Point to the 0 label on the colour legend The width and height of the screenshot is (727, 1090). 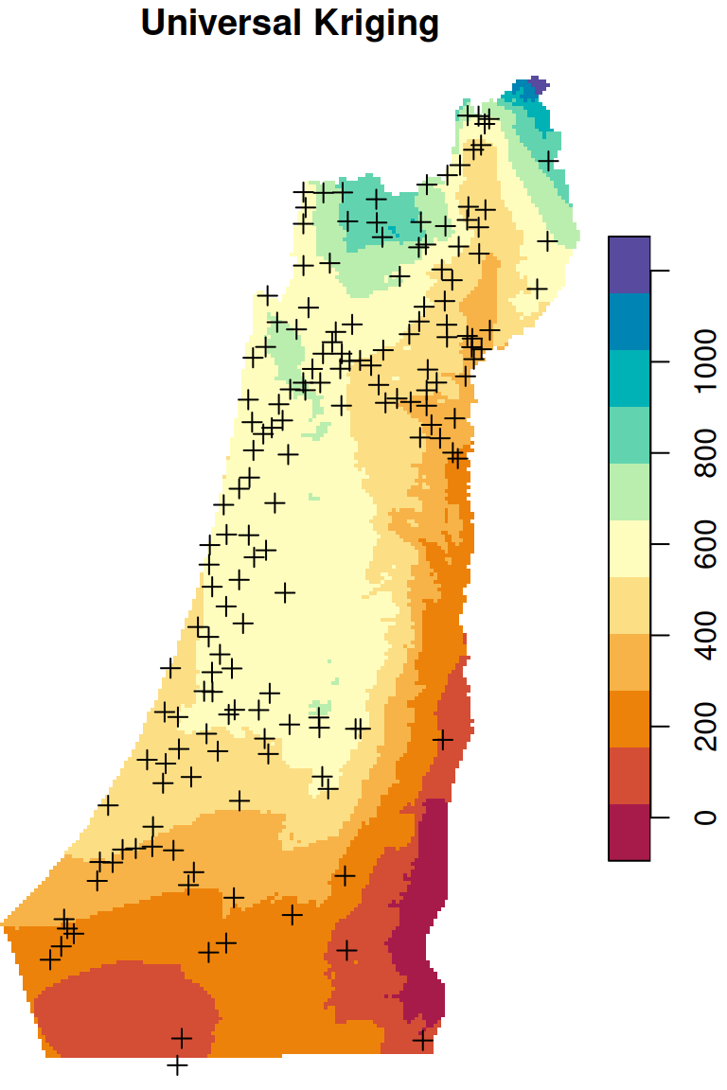(703, 816)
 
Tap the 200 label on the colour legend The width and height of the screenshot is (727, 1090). (703, 726)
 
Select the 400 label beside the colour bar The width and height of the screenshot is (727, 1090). (703, 635)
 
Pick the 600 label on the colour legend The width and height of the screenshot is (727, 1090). (703, 544)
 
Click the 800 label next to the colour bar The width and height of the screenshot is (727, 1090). (703, 453)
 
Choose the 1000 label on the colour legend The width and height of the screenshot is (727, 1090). (703, 362)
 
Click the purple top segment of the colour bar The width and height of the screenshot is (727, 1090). (629, 264)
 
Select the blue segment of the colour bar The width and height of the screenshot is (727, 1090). (629, 322)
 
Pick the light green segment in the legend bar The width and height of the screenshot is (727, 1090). (629, 491)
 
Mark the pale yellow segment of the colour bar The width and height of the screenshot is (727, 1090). (629, 549)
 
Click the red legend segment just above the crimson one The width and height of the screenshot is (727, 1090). (629, 776)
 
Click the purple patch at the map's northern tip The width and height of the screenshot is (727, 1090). (536, 84)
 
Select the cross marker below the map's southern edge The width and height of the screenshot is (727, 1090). (177, 1065)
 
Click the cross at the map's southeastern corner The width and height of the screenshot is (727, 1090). (423, 1041)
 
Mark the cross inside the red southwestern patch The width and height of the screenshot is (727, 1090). (181, 1038)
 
